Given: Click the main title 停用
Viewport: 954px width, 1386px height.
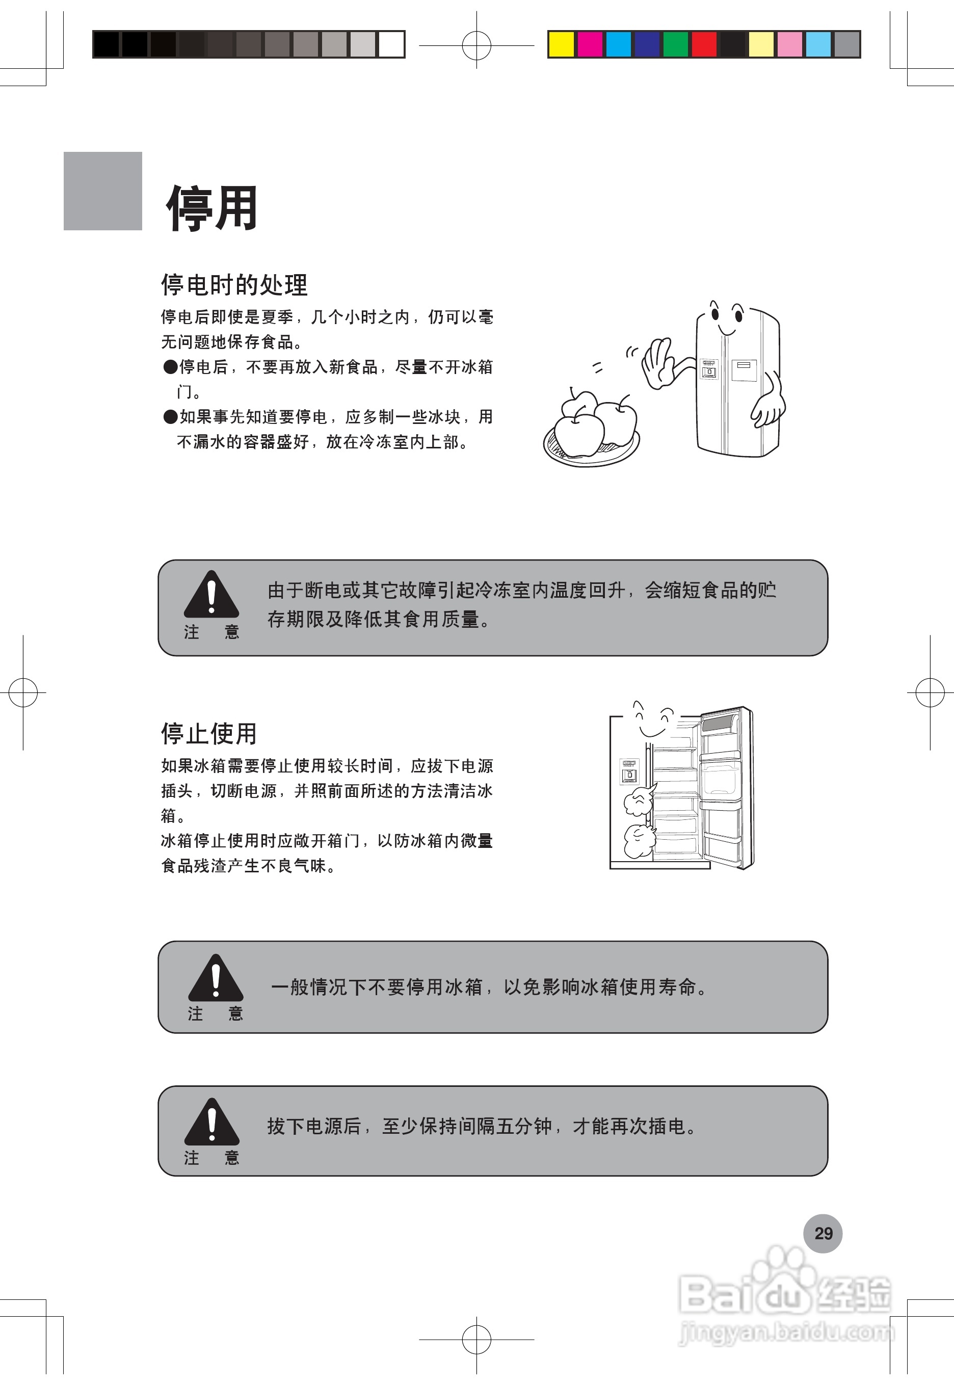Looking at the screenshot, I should [x=212, y=208].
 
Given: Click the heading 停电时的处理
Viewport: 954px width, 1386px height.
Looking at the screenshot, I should [x=234, y=284].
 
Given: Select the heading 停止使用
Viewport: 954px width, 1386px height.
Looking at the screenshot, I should [x=208, y=733].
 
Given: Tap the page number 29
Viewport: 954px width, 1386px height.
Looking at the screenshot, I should [x=823, y=1233].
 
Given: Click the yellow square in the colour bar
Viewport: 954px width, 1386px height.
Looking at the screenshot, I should [x=561, y=45].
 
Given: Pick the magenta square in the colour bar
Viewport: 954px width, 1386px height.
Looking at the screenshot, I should [x=590, y=45].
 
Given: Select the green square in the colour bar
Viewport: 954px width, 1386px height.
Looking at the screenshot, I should [x=675, y=45].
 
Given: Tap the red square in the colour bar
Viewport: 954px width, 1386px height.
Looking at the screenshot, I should [x=704, y=45].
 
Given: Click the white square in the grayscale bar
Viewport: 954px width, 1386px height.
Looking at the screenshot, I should [x=391, y=45].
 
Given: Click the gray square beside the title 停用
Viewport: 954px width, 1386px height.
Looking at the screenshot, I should [x=103, y=191].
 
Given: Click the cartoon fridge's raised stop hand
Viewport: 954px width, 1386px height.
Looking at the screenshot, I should [x=657, y=363].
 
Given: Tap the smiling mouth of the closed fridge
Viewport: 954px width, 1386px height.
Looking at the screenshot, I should [x=726, y=330].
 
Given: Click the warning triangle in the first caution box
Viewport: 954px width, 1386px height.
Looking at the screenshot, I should [x=211, y=596].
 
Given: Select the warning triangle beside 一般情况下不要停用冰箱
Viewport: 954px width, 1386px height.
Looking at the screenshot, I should [x=215, y=978].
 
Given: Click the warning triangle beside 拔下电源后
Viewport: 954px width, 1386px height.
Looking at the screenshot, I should [x=211, y=1123].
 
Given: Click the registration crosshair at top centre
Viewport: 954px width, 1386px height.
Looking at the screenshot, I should [x=476, y=45].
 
